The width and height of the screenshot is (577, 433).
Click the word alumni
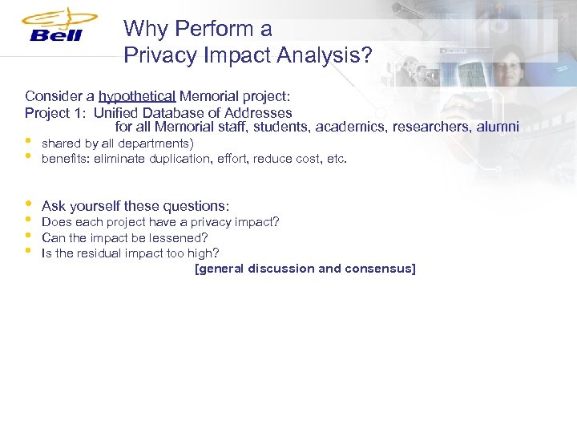498,127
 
